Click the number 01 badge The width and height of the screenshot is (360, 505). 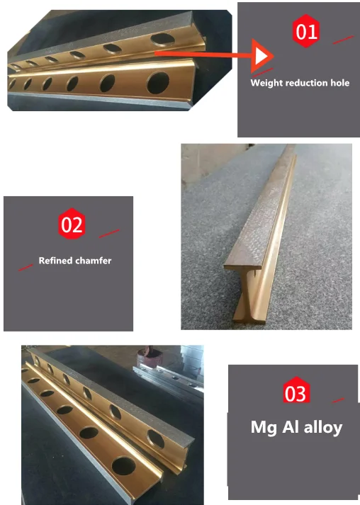307,31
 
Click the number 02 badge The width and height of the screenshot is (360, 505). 72,225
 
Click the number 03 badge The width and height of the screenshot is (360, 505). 296,392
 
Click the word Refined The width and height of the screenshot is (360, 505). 55,261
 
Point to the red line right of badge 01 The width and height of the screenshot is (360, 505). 343,39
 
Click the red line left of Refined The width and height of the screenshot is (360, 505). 26,267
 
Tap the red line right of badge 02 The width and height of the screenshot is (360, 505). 108,232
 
